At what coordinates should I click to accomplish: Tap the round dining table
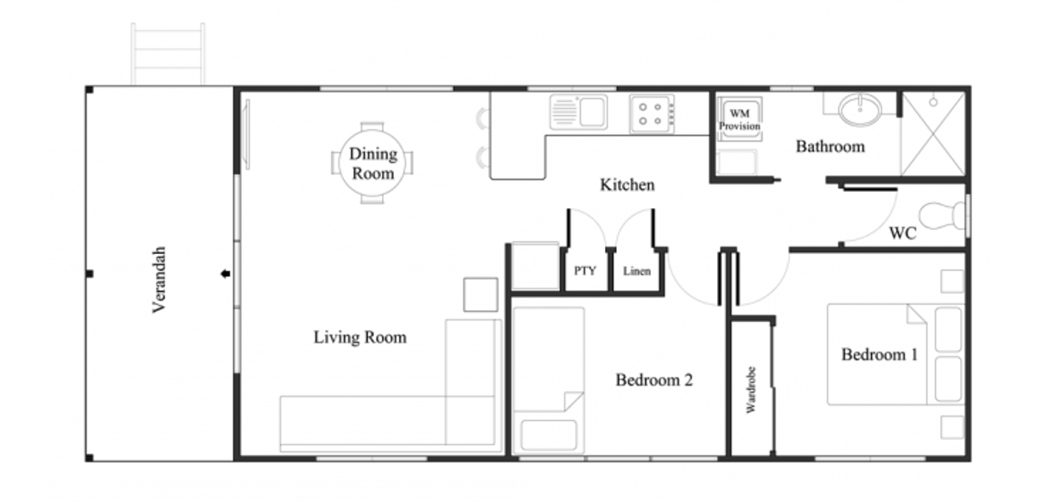coord(372,163)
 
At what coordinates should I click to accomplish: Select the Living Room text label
coord(359,337)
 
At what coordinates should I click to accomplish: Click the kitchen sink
coord(579,111)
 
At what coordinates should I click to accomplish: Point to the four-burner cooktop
coord(652,113)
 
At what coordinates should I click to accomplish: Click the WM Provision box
coord(740,119)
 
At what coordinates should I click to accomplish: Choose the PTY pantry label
coord(585,271)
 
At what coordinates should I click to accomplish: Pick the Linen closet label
coord(637,271)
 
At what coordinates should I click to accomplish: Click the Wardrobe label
coord(751,389)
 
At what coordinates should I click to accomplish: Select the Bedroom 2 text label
coord(654,379)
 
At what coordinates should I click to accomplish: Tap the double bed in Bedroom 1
coord(894,354)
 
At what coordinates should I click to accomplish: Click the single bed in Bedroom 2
coord(549,380)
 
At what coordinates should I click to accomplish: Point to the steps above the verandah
coord(168,54)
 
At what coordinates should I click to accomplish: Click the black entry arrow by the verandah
coord(226,275)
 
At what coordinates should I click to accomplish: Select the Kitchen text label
coord(627,185)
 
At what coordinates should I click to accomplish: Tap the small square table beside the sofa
coord(480,294)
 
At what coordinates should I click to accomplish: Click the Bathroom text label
coord(830,147)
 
